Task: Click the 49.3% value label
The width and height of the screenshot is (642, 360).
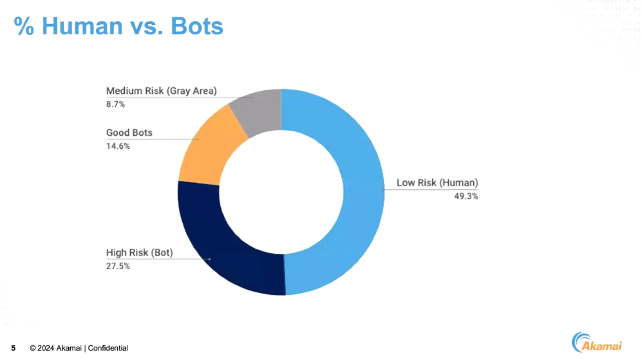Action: point(466,196)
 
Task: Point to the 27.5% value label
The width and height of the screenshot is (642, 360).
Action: point(118,265)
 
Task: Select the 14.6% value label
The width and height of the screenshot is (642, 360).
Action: point(118,146)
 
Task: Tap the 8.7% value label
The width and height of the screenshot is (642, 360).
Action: point(115,104)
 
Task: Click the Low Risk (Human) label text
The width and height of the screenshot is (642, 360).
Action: point(437,183)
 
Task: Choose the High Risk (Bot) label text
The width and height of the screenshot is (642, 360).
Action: point(139,252)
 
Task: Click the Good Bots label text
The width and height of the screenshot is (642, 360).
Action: point(129,133)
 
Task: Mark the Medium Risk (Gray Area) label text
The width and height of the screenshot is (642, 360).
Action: point(162,91)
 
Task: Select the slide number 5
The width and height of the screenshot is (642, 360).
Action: point(13,348)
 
